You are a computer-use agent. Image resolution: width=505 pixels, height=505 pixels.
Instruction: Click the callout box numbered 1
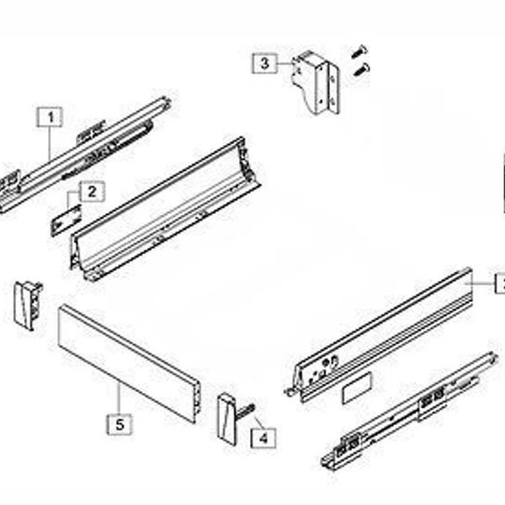click(50, 117)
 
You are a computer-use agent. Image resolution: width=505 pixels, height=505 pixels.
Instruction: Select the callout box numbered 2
click(92, 192)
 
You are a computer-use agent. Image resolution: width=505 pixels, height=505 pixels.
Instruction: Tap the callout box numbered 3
click(264, 63)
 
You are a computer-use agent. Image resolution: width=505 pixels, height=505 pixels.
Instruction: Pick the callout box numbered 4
click(263, 438)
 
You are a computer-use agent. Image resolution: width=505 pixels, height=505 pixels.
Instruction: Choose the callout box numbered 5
click(120, 424)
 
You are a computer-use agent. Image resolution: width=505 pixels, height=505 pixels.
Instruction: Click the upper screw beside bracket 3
click(359, 51)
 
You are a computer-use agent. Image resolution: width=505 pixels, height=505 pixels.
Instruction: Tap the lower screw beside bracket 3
click(362, 70)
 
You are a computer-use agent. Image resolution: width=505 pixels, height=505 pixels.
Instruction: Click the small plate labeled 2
click(66, 221)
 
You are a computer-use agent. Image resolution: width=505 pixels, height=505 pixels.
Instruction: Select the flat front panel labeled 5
click(129, 364)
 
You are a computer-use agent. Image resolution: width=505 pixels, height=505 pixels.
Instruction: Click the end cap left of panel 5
click(28, 306)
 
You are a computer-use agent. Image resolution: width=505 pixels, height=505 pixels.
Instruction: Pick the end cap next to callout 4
click(227, 419)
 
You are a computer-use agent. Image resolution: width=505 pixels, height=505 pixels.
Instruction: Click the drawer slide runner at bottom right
click(410, 411)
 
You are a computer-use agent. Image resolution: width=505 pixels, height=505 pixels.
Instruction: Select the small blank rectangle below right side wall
click(357, 388)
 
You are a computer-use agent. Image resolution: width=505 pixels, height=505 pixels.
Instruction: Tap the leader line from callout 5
click(120, 398)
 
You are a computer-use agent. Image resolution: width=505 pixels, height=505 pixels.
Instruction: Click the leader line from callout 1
click(50, 143)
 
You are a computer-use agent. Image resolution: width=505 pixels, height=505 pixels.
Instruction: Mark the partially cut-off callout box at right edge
click(500, 284)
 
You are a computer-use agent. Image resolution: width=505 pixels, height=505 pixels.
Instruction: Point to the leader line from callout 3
click(285, 63)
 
